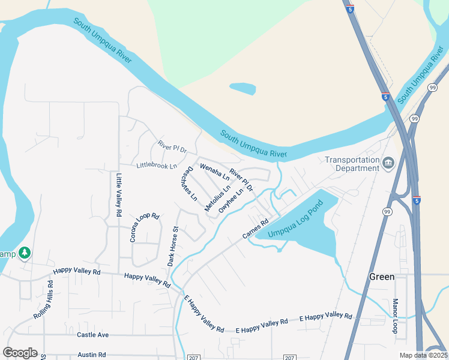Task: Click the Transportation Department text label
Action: click(x=352, y=164)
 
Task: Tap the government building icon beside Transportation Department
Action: click(x=388, y=162)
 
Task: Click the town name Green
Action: click(x=382, y=277)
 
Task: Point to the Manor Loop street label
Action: click(x=396, y=316)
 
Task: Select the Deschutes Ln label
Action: click(x=188, y=183)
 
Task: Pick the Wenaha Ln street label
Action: click(x=215, y=172)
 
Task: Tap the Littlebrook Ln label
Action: click(x=157, y=166)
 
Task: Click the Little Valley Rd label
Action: click(x=119, y=195)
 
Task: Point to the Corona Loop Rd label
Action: click(x=145, y=227)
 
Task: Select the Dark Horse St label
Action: click(x=173, y=246)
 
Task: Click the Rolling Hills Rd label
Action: click(x=43, y=303)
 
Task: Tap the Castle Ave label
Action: click(x=92, y=334)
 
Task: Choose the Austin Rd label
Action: click(x=91, y=355)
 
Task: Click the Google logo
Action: click(x=20, y=353)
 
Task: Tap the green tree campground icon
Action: click(x=25, y=253)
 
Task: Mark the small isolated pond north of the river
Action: click(x=243, y=89)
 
